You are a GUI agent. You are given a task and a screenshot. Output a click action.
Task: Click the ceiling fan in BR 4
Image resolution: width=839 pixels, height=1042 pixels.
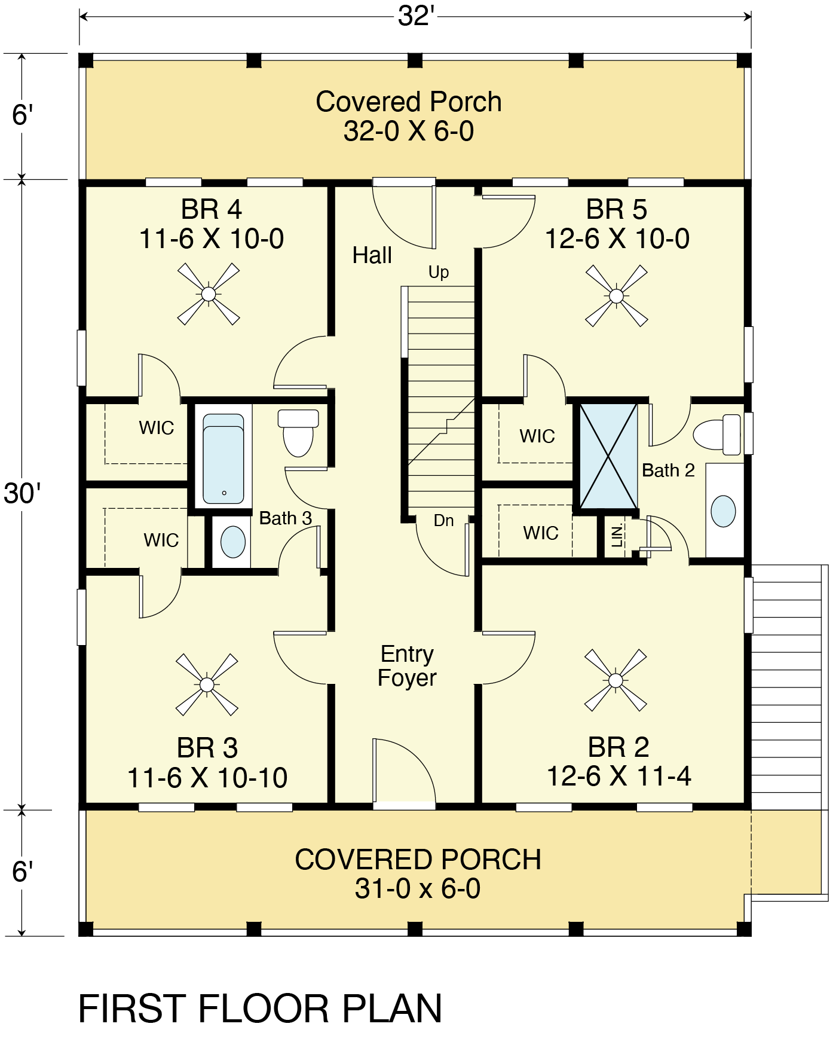(209, 294)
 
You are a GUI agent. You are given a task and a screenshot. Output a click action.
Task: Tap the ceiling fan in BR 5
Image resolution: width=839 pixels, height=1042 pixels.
(616, 295)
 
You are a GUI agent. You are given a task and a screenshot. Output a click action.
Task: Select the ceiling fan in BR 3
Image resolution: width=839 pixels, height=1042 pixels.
(207, 684)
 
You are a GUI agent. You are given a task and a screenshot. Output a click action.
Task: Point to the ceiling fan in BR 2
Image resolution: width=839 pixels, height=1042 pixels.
(616, 680)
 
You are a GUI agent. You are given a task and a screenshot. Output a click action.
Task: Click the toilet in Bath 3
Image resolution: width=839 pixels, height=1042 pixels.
(298, 433)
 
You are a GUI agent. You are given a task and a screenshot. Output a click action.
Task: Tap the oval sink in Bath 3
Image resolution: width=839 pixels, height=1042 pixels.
(233, 542)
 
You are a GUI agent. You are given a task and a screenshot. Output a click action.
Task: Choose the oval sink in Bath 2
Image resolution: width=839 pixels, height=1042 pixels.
(723, 511)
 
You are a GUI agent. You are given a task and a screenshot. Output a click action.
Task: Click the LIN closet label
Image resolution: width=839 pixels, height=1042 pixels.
(617, 536)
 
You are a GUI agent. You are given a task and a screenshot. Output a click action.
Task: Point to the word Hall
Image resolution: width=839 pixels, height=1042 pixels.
(372, 255)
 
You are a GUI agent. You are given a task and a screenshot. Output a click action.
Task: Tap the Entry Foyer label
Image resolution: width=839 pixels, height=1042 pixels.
(407, 666)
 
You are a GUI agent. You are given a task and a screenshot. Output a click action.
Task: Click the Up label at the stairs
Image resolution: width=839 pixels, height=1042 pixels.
(439, 273)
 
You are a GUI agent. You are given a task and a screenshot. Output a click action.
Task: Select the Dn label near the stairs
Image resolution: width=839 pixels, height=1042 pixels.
(443, 521)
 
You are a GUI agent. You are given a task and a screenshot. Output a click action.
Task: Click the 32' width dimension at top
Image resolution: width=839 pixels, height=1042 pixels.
(415, 16)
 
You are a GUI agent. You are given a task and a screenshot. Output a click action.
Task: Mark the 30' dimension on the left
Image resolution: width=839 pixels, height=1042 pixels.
(22, 494)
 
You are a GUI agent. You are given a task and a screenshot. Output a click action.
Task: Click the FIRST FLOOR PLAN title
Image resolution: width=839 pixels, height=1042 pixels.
(260, 1009)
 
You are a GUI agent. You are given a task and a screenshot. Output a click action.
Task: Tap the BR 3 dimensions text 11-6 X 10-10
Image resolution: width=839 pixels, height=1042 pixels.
(207, 778)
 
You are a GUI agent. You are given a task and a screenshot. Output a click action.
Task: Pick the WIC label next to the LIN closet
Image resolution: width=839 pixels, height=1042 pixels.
(541, 533)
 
